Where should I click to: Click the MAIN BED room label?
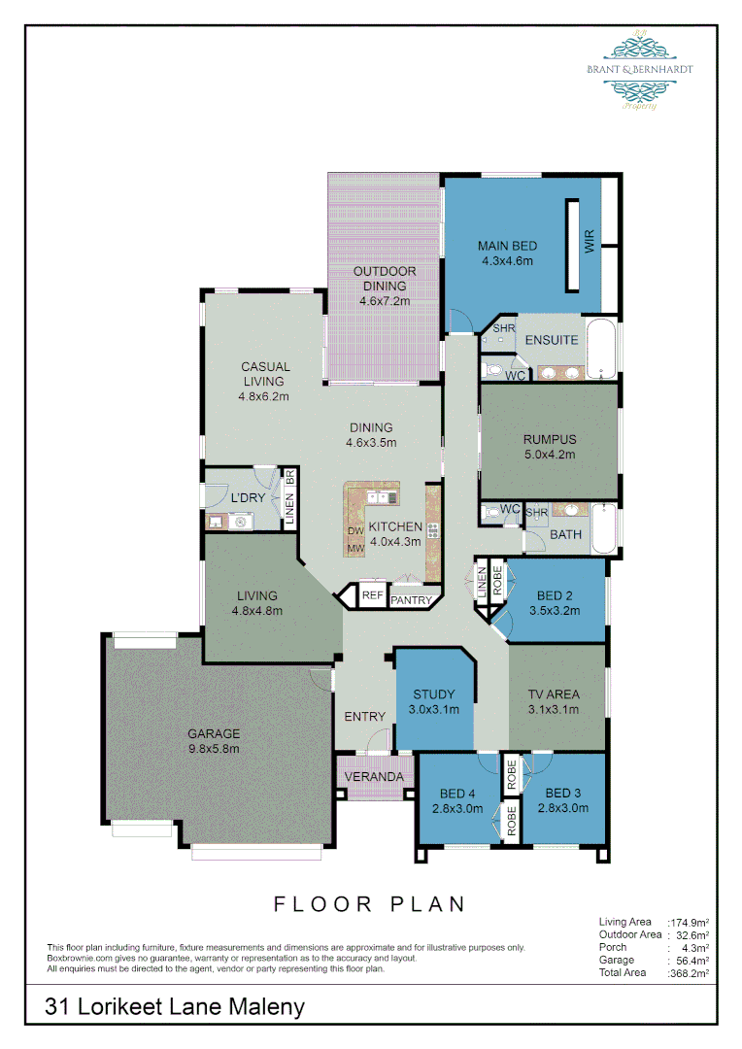pyautogui.click(x=507, y=246)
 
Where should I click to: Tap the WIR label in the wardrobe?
pyautogui.click(x=589, y=242)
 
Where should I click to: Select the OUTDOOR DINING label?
pyautogui.click(x=385, y=271)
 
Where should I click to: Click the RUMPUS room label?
pyautogui.click(x=550, y=439)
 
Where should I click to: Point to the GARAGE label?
pyautogui.click(x=214, y=733)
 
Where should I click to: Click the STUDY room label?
pyautogui.click(x=434, y=694)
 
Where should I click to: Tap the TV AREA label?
pyautogui.click(x=554, y=694)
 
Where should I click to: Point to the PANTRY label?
pyautogui.click(x=411, y=600)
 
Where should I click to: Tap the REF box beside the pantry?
pyautogui.click(x=372, y=595)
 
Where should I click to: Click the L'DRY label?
pyautogui.click(x=248, y=498)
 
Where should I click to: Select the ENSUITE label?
pyautogui.click(x=552, y=340)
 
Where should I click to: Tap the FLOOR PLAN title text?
pyautogui.click(x=370, y=904)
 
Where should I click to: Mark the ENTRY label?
pyautogui.click(x=365, y=717)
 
